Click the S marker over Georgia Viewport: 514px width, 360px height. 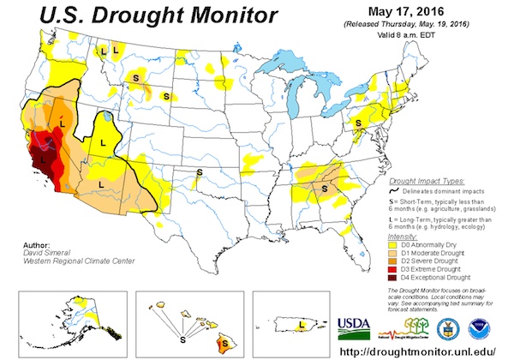tap(326, 185)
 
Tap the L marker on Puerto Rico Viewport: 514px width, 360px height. tap(302, 325)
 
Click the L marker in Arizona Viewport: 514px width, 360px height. tap(101, 183)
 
